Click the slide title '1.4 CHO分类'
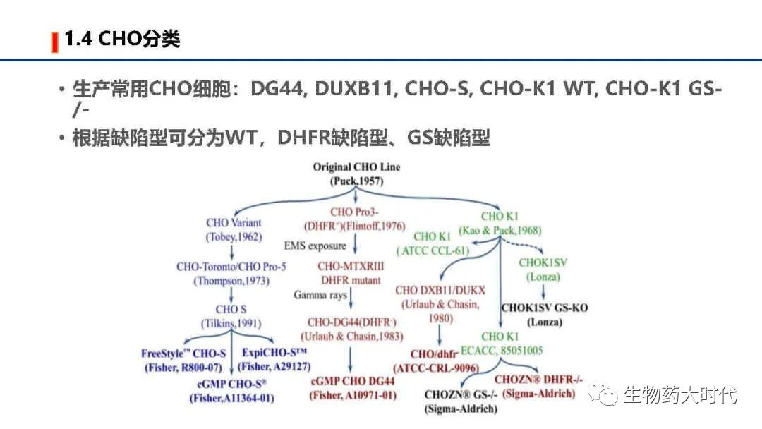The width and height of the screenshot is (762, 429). [122, 39]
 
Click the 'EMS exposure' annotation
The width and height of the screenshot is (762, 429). [315, 246]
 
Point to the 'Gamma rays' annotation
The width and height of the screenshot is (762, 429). [320, 295]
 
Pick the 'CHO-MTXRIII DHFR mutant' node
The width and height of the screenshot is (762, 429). [351, 273]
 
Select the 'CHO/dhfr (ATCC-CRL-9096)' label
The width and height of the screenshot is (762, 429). [436, 361]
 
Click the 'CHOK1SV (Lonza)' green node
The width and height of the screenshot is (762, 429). [543, 270]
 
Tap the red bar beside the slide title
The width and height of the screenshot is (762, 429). [54, 42]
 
